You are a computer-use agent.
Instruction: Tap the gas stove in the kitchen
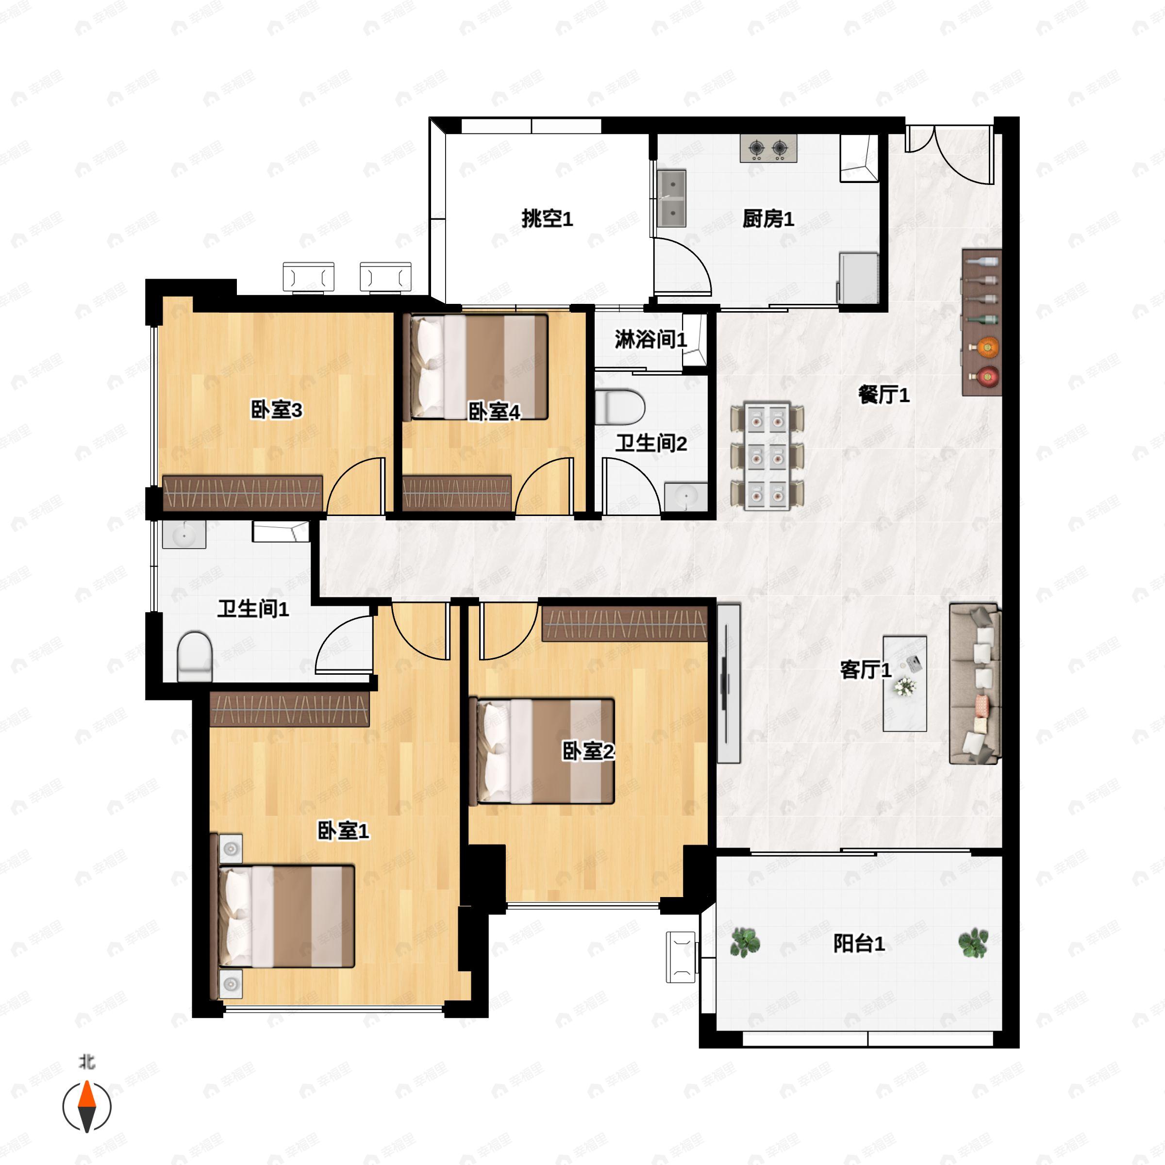[768, 149]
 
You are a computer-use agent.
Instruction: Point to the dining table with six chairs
[767, 455]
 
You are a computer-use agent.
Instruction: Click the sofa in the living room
[974, 684]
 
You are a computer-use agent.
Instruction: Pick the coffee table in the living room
[904, 683]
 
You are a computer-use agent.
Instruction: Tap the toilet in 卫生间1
[195, 657]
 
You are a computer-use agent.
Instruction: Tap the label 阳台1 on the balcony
[859, 944]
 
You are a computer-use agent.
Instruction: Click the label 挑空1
[547, 218]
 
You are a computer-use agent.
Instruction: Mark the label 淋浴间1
[650, 339]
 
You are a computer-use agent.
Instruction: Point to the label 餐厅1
[883, 396]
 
